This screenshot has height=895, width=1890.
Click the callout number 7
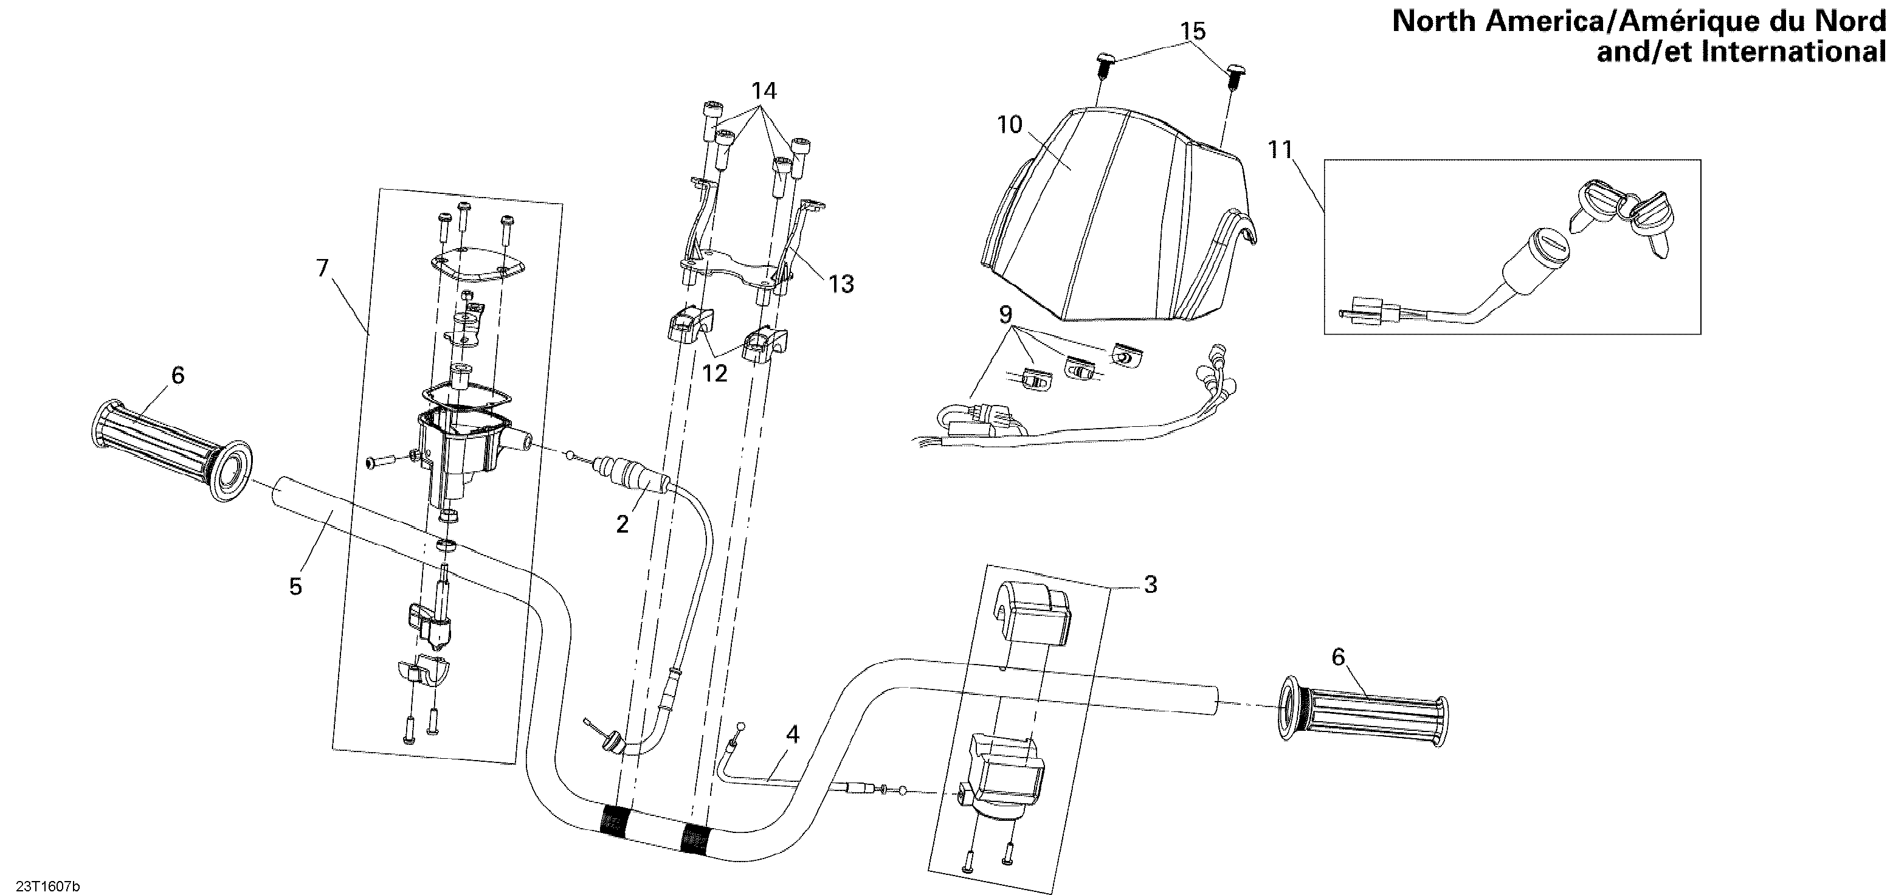[x=322, y=269]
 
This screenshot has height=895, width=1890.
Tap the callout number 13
[x=841, y=284]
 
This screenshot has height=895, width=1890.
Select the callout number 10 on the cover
[x=1010, y=125]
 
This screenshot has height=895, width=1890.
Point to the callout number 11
[x=1280, y=150]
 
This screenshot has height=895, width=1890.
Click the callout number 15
[x=1193, y=32]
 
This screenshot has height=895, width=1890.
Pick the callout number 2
[x=622, y=525]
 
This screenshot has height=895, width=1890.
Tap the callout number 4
[x=792, y=734]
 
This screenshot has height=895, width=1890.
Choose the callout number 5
[x=295, y=586]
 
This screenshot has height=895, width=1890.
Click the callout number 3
[x=1150, y=585]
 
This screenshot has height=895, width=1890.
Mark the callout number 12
[x=715, y=373]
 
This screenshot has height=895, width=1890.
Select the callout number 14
[x=763, y=91]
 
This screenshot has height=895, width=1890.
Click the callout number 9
[x=1005, y=315]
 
